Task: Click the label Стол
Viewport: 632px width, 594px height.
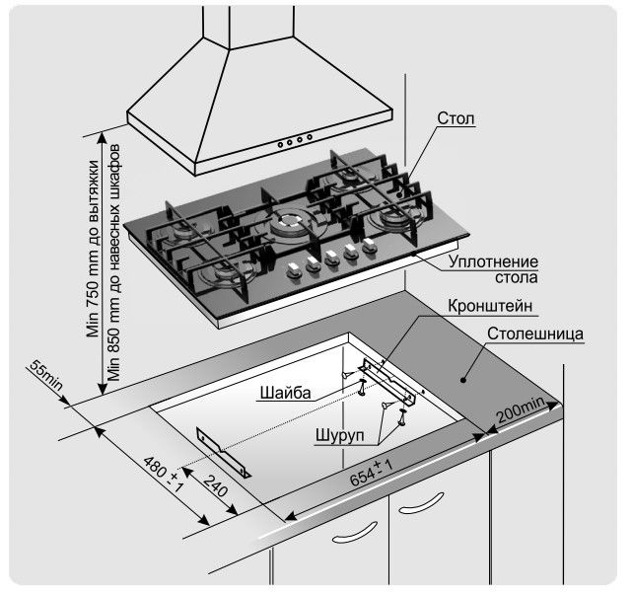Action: tap(456, 119)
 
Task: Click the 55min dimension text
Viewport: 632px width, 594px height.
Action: tap(45, 379)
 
